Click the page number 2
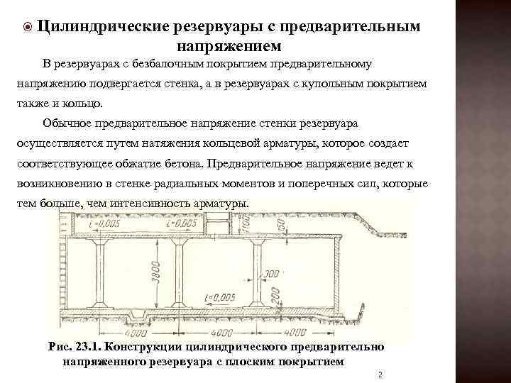[x=380, y=374]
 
